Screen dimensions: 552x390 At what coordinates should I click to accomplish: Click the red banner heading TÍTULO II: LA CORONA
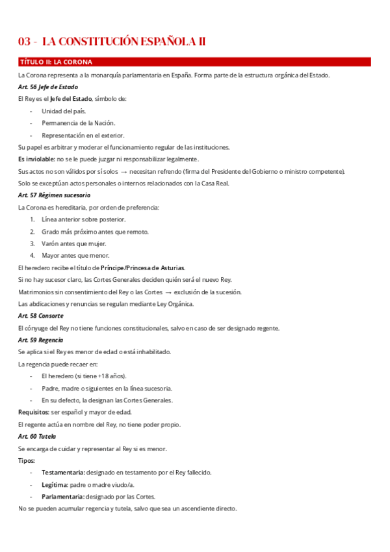tap(56, 62)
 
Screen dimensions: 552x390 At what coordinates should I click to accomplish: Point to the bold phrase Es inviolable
tap(36, 159)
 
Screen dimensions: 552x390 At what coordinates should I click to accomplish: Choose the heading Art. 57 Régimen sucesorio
tap(54, 195)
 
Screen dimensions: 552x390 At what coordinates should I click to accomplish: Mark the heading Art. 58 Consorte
tap(40, 316)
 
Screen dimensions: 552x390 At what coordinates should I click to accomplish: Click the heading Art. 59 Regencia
tap(40, 340)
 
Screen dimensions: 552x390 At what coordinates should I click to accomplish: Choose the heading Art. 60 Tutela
tap(37, 436)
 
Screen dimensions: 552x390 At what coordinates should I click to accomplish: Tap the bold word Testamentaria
tap(62, 473)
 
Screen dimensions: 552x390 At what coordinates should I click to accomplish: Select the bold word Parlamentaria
tap(62, 497)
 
